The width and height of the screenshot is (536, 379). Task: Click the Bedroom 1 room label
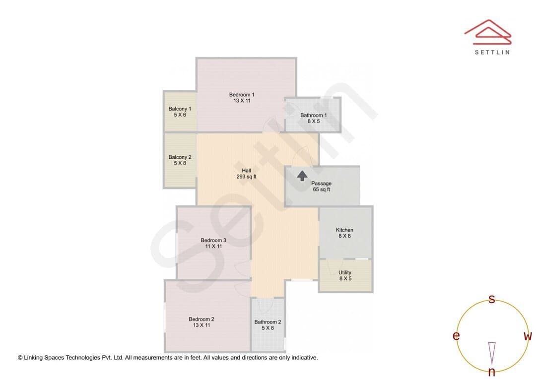tap(242, 95)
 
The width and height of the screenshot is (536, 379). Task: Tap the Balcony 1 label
tap(180, 109)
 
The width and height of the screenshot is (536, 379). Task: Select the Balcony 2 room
tap(180, 160)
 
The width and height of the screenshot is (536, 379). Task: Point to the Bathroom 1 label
tap(314, 115)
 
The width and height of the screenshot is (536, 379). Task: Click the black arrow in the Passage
tap(302, 176)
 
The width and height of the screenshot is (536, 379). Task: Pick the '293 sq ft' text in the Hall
tap(247, 177)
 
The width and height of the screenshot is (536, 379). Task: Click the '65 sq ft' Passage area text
tap(321, 189)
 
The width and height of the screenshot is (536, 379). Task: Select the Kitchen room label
tap(344, 230)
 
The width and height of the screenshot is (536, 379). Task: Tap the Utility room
tap(345, 275)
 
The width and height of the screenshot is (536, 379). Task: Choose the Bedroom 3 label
tap(213, 240)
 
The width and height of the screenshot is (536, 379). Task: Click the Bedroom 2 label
tap(201, 319)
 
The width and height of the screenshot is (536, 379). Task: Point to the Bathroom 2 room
tap(268, 324)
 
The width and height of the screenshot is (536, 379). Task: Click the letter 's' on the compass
tap(492, 299)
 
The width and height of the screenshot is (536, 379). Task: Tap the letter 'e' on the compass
tap(456, 336)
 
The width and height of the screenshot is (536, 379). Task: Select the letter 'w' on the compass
tap(528, 336)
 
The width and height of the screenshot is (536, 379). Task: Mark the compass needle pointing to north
tap(492, 353)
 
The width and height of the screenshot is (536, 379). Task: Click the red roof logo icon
tap(488, 32)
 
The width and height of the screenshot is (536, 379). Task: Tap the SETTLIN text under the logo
tap(492, 52)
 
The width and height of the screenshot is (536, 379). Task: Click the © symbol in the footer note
tap(20, 358)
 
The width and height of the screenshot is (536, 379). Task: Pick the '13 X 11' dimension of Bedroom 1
tap(242, 101)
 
